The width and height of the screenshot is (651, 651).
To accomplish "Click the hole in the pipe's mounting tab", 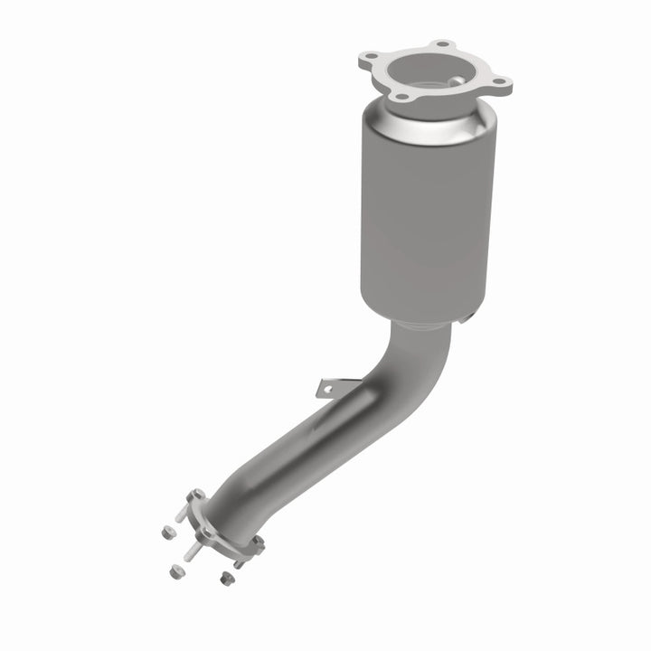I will click(x=326, y=389).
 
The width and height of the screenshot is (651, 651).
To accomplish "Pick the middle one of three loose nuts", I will click(x=174, y=570).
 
